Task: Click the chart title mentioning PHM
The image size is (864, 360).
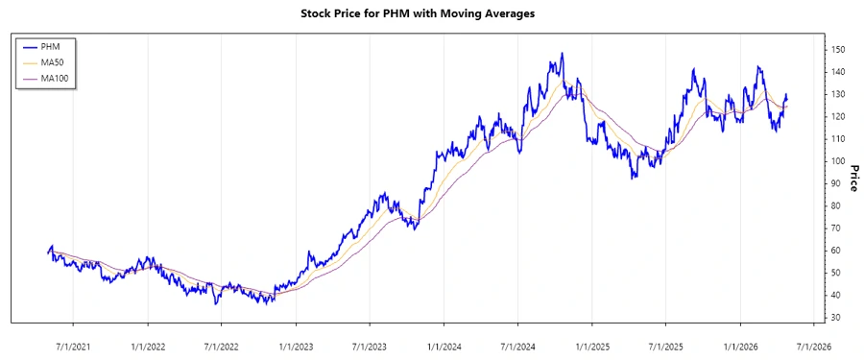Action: click(x=431, y=14)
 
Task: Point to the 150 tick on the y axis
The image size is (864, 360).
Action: click(x=838, y=49)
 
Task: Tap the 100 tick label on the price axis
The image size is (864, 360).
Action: click(x=838, y=160)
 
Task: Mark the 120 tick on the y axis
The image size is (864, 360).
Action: click(x=838, y=116)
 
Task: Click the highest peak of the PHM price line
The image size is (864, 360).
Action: click(x=563, y=54)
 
